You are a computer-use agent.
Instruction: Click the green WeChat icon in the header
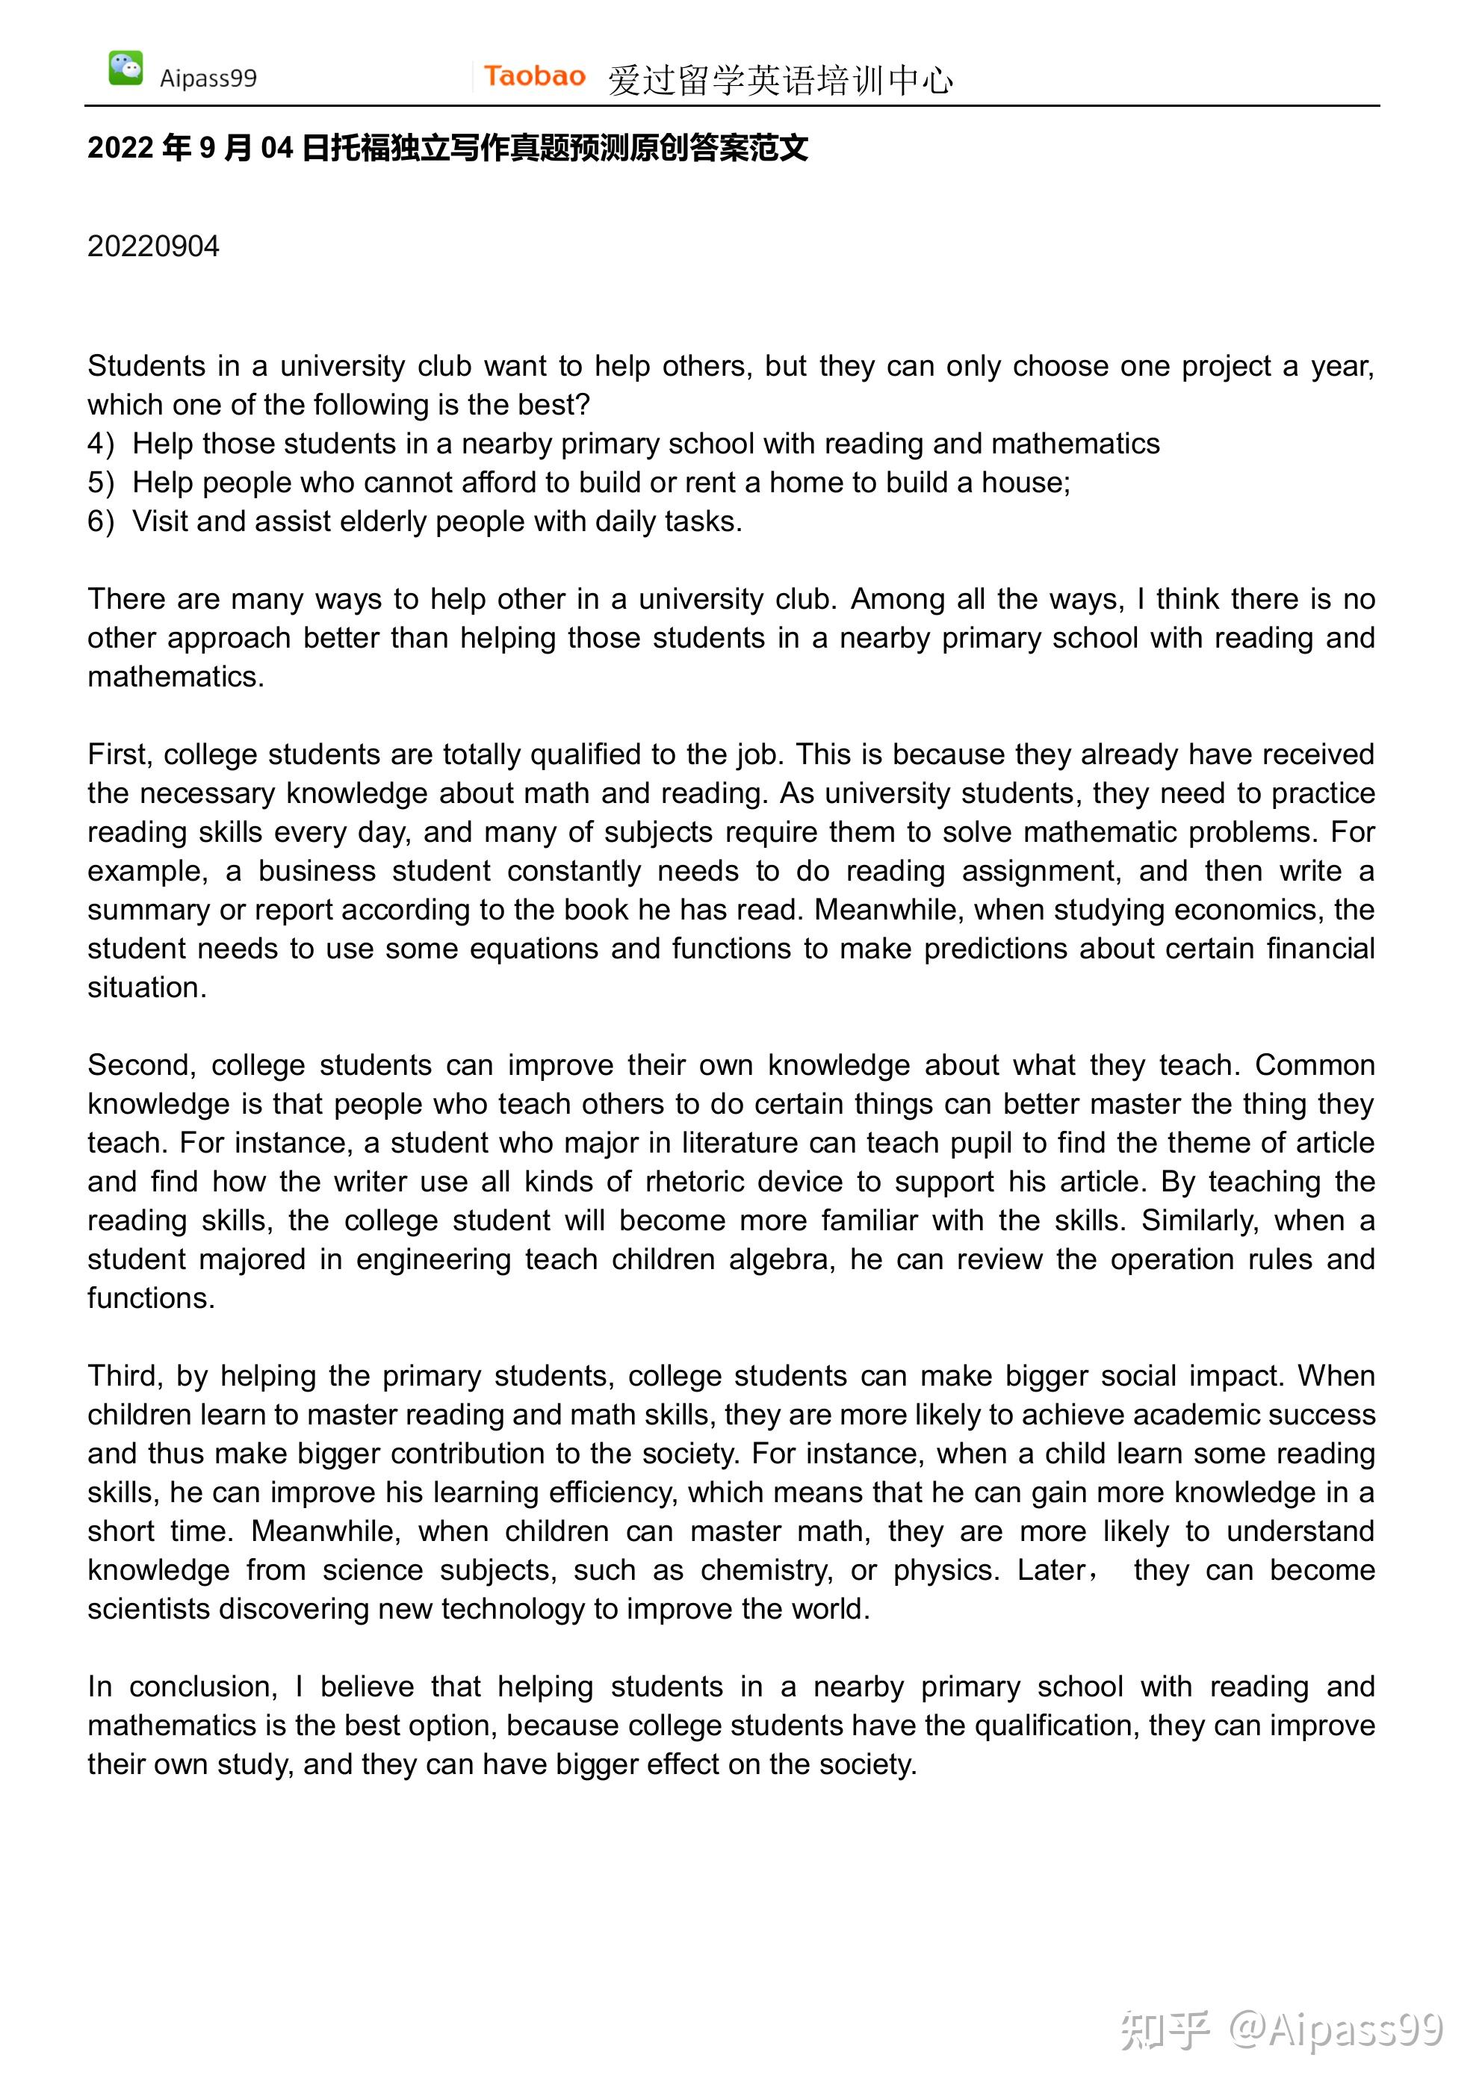point(125,69)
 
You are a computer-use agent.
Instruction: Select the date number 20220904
point(153,247)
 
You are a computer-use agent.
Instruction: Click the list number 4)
point(100,444)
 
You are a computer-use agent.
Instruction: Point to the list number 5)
point(100,482)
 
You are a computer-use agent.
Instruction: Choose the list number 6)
point(100,521)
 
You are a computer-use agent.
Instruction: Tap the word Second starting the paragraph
point(140,1064)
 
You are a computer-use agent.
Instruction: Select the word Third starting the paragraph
point(125,1376)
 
